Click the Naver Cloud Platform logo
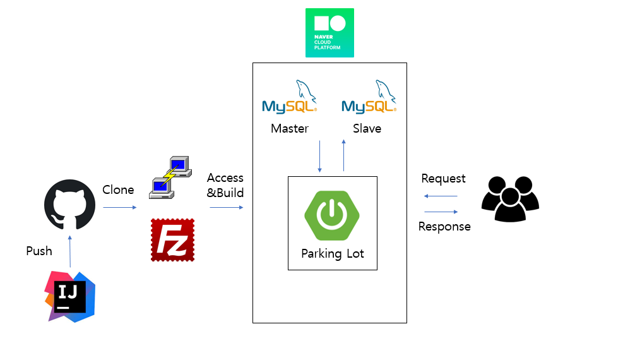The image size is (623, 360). click(x=329, y=33)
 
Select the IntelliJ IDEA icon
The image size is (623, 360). click(x=70, y=296)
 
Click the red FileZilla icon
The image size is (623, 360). click(x=172, y=240)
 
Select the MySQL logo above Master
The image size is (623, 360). click(x=289, y=98)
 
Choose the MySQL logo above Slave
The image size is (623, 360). click(x=369, y=98)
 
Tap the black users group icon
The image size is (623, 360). click(x=510, y=199)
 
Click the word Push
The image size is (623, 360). click(x=39, y=251)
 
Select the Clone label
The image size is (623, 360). click(x=118, y=189)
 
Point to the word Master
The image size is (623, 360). click(x=290, y=129)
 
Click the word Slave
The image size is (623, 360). click(x=367, y=129)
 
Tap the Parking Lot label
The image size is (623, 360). click(x=333, y=254)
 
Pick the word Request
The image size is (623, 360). click(x=443, y=179)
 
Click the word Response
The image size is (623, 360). click(x=444, y=227)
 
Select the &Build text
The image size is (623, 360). click(x=225, y=193)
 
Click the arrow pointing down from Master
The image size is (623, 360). click(x=320, y=156)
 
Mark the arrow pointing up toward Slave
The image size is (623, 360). click(x=344, y=156)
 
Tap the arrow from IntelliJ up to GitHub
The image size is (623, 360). click(x=70, y=251)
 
